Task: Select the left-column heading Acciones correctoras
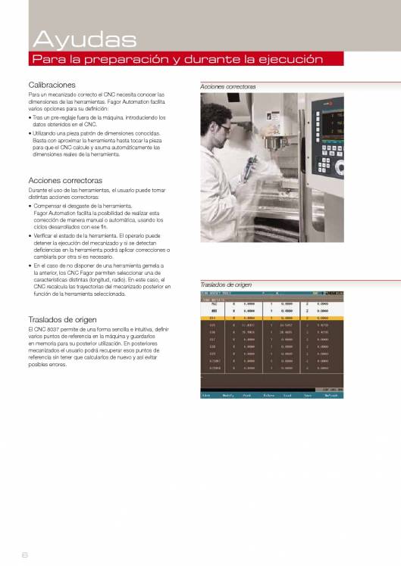pyautogui.click(x=64, y=181)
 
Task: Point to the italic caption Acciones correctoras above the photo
pyautogui.click(x=228, y=87)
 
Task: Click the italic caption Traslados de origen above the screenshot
pyautogui.click(x=226, y=285)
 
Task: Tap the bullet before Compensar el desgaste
pyautogui.click(x=30, y=206)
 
